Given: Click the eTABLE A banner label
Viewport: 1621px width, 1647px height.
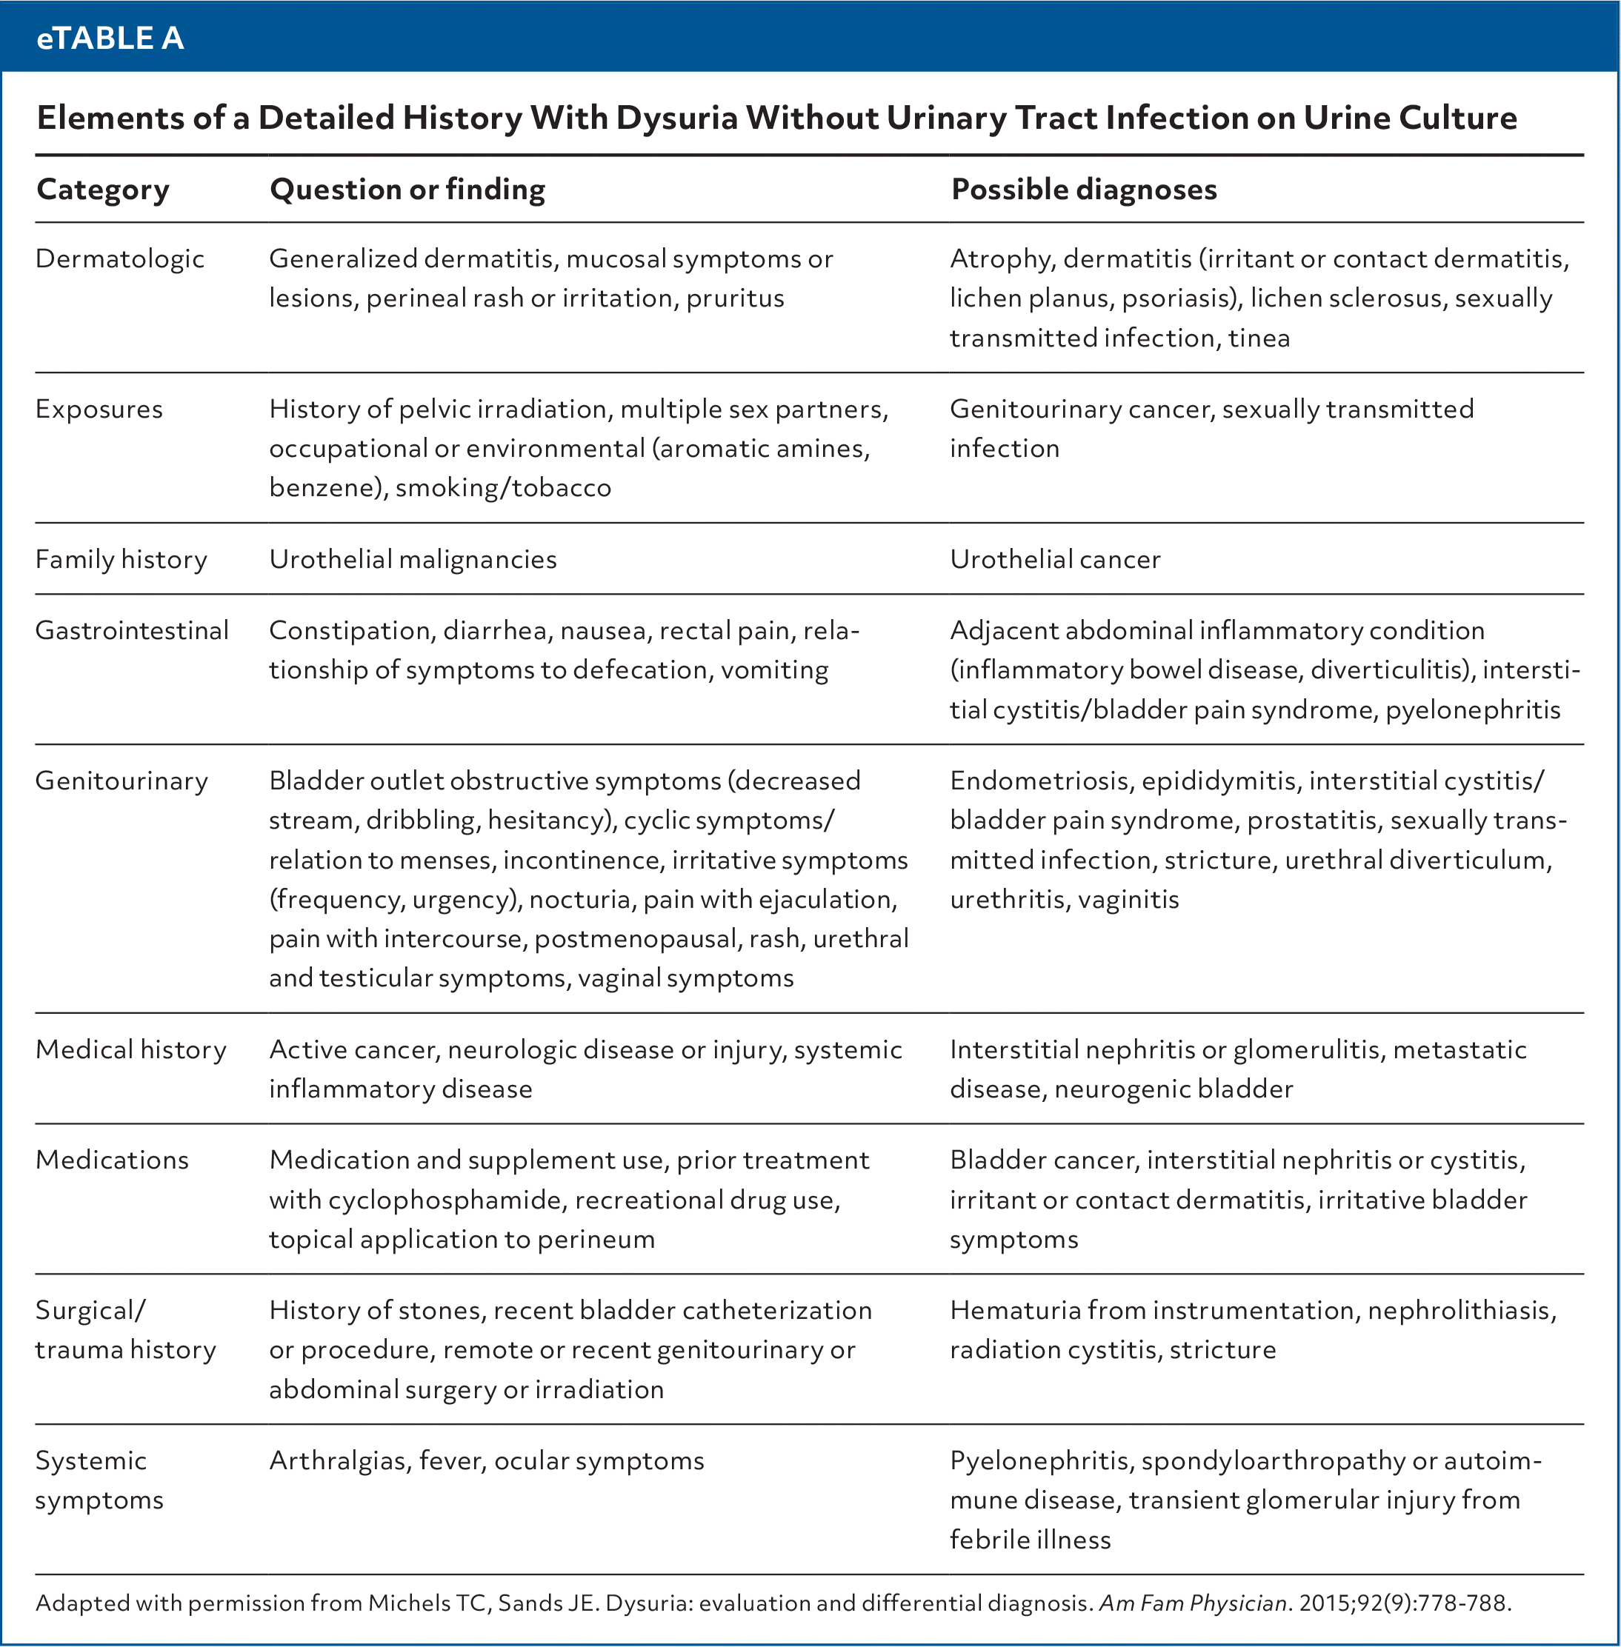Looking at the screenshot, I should (x=110, y=39).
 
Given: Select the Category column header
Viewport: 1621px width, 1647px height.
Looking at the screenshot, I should (x=103, y=189).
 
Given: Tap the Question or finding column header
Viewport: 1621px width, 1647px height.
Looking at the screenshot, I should (x=407, y=189).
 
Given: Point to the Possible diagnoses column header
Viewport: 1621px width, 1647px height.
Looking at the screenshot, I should (x=1083, y=189).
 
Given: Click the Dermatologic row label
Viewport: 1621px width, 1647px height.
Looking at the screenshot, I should (x=120, y=258).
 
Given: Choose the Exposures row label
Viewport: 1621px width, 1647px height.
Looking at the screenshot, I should (x=99, y=410).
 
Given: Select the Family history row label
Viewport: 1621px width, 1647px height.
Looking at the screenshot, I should (x=121, y=559).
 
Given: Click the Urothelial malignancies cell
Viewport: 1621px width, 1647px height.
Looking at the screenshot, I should (x=413, y=559).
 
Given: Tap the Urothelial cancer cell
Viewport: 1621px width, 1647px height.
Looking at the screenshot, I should (x=1054, y=559).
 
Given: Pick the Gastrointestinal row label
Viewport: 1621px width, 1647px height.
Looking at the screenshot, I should (x=132, y=631).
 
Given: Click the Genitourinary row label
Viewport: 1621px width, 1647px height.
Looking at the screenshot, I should (x=121, y=781).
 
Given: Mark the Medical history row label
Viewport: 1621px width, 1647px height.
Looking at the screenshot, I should (x=130, y=1049).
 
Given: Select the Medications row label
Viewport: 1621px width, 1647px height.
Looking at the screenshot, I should (x=112, y=1160).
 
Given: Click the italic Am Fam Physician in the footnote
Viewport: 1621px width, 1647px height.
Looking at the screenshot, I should (x=1192, y=1603).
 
